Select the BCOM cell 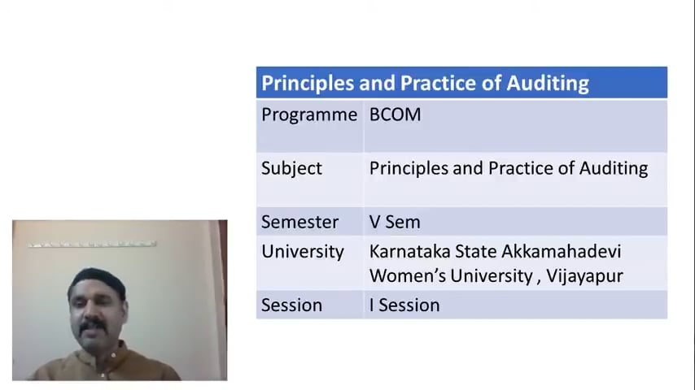pyautogui.click(x=396, y=115)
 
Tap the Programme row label pyautogui.click(x=308, y=115)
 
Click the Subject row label pyautogui.click(x=291, y=168)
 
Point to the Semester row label pyautogui.click(x=299, y=222)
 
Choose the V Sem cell pyautogui.click(x=395, y=222)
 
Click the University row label pyautogui.click(x=302, y=251)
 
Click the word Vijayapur pyautogui.click(x=584, y=276)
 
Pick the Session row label pyautogui.click(x=291, y=305)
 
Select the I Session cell pyautogui.click(x=404, y=305)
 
